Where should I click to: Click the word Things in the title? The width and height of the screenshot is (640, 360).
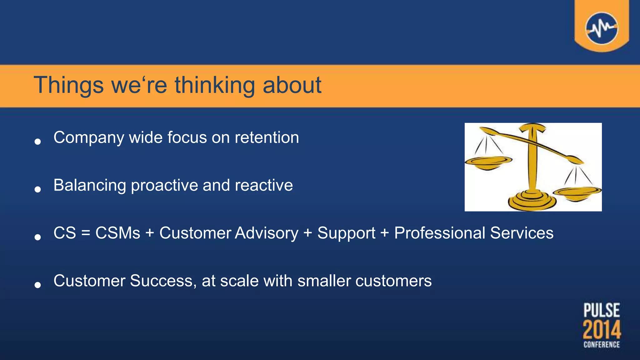68,85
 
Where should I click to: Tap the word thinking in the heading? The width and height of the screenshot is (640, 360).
215,85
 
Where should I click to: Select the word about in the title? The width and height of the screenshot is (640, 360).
292,85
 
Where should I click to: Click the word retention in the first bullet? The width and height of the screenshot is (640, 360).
267,137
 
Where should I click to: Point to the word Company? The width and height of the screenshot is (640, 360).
88,137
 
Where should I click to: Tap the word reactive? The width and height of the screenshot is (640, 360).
263,185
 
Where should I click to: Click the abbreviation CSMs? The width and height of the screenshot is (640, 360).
117,233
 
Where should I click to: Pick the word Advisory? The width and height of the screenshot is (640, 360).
267,233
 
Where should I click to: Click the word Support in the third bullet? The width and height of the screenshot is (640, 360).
346,233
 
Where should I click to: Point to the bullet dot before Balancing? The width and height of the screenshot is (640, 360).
38,189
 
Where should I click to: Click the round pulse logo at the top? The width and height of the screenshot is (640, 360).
601,28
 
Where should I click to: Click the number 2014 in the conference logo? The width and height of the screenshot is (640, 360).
602,330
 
